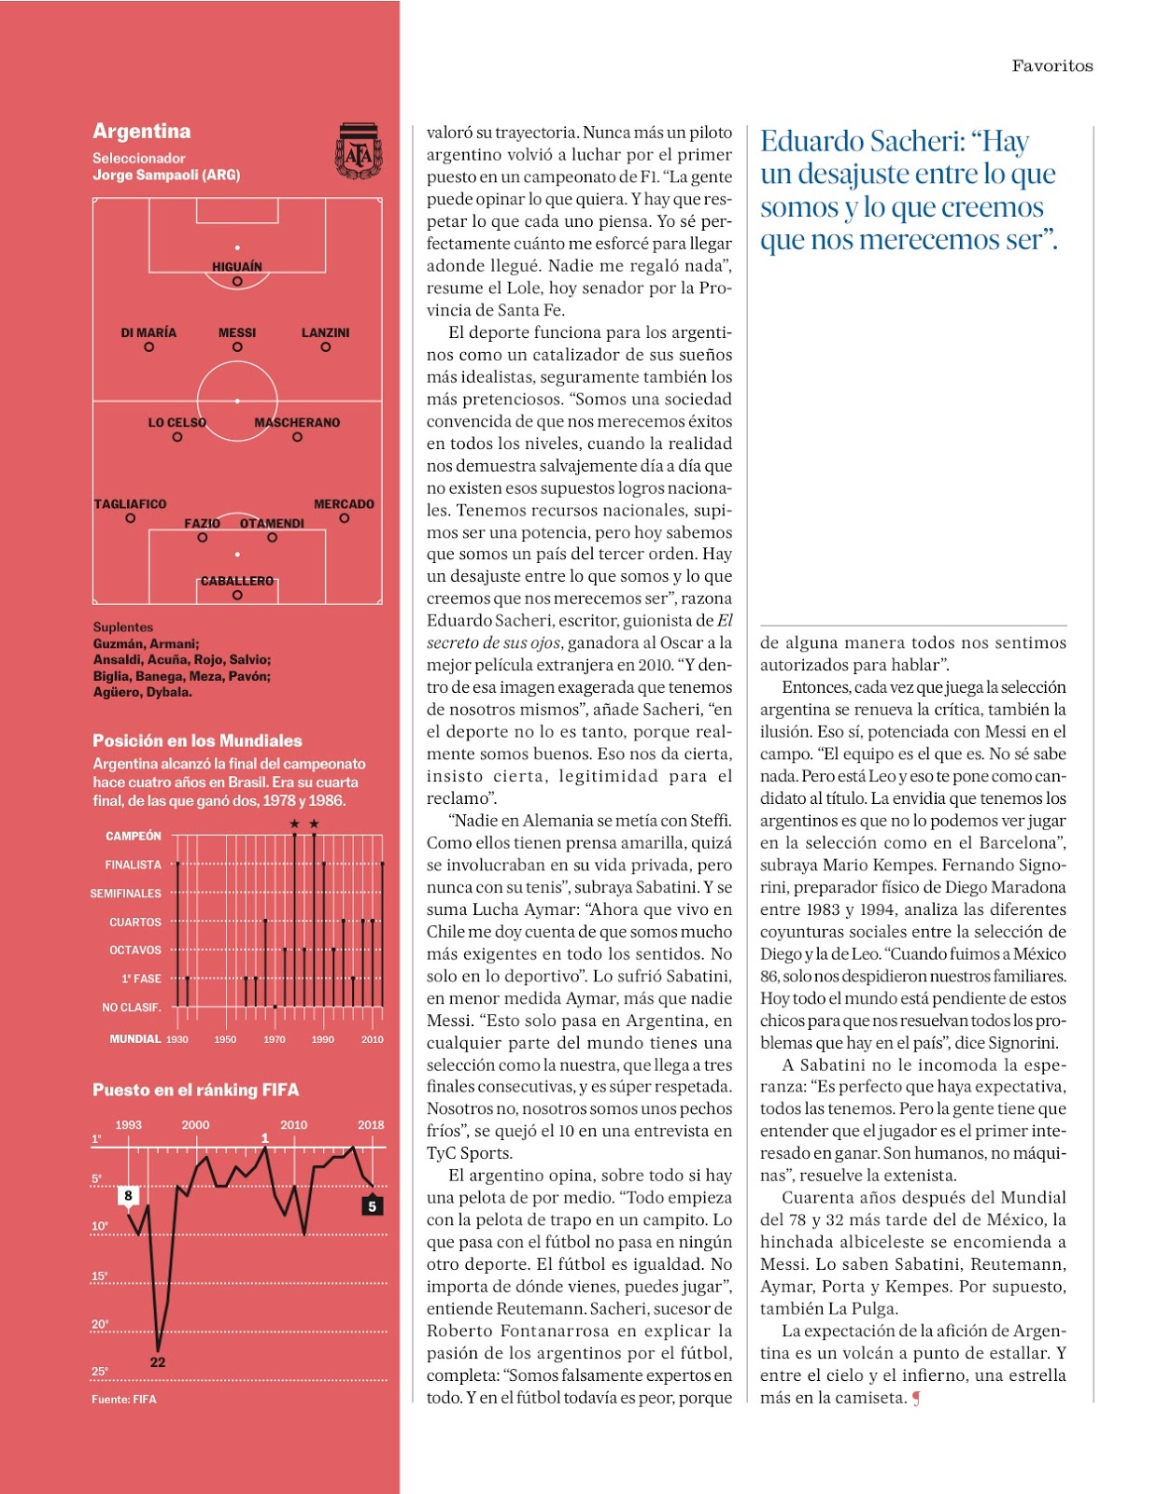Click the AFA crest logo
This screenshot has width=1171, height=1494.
359,150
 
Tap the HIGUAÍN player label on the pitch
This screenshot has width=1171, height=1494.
237,266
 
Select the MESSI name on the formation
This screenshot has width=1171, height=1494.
237,332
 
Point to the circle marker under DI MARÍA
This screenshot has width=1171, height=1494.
149,347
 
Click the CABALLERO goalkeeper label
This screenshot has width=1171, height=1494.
237,581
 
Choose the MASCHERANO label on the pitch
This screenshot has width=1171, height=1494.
297,422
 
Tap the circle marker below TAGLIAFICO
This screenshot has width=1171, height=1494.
131,518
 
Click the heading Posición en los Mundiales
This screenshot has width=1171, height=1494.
197,740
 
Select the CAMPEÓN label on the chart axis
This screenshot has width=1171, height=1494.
134,836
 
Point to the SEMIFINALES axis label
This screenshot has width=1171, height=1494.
126,894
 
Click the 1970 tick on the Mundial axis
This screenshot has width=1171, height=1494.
275,1039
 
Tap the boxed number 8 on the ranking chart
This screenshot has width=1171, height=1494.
129,1195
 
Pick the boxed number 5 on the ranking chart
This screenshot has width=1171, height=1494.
372,1206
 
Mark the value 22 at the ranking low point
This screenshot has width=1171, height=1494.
158,1362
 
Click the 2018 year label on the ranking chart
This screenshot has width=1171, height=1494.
371,1124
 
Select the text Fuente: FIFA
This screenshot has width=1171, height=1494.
124,1399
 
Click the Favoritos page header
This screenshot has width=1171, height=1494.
1051,65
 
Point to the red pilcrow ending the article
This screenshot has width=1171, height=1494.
916,1398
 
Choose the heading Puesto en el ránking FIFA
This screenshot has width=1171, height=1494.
195,1090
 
